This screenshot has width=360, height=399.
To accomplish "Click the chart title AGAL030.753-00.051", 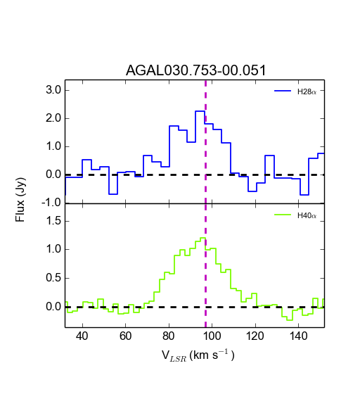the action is point(195,70).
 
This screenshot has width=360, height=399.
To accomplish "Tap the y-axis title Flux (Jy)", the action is point(20,200).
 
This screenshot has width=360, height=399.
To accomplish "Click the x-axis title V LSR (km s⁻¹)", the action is point(198,355).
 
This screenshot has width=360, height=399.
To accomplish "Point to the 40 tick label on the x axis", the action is point(82,336).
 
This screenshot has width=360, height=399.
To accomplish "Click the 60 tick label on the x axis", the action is point(125,336).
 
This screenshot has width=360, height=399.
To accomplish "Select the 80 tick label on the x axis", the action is point(169,336).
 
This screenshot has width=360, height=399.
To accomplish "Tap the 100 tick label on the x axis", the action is point(212,336).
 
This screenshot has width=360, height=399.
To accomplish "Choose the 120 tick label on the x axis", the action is point(255,336).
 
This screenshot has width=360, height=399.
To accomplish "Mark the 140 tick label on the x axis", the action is point(298,336).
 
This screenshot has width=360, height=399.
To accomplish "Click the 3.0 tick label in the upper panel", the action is point(53,90).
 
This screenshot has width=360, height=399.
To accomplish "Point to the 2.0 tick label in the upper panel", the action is point(53,118).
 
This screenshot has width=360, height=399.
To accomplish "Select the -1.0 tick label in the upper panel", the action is point(51,203).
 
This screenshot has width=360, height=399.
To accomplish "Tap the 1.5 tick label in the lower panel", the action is point(53,221).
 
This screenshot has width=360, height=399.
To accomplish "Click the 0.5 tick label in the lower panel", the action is point(53,278).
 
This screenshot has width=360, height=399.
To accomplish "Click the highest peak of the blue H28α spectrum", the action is point(200,111).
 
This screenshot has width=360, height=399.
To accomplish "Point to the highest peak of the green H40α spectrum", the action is point(203,238).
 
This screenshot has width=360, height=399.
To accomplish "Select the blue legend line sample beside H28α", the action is point(283,91).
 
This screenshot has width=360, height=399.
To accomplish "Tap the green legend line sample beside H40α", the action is point(283,215).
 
